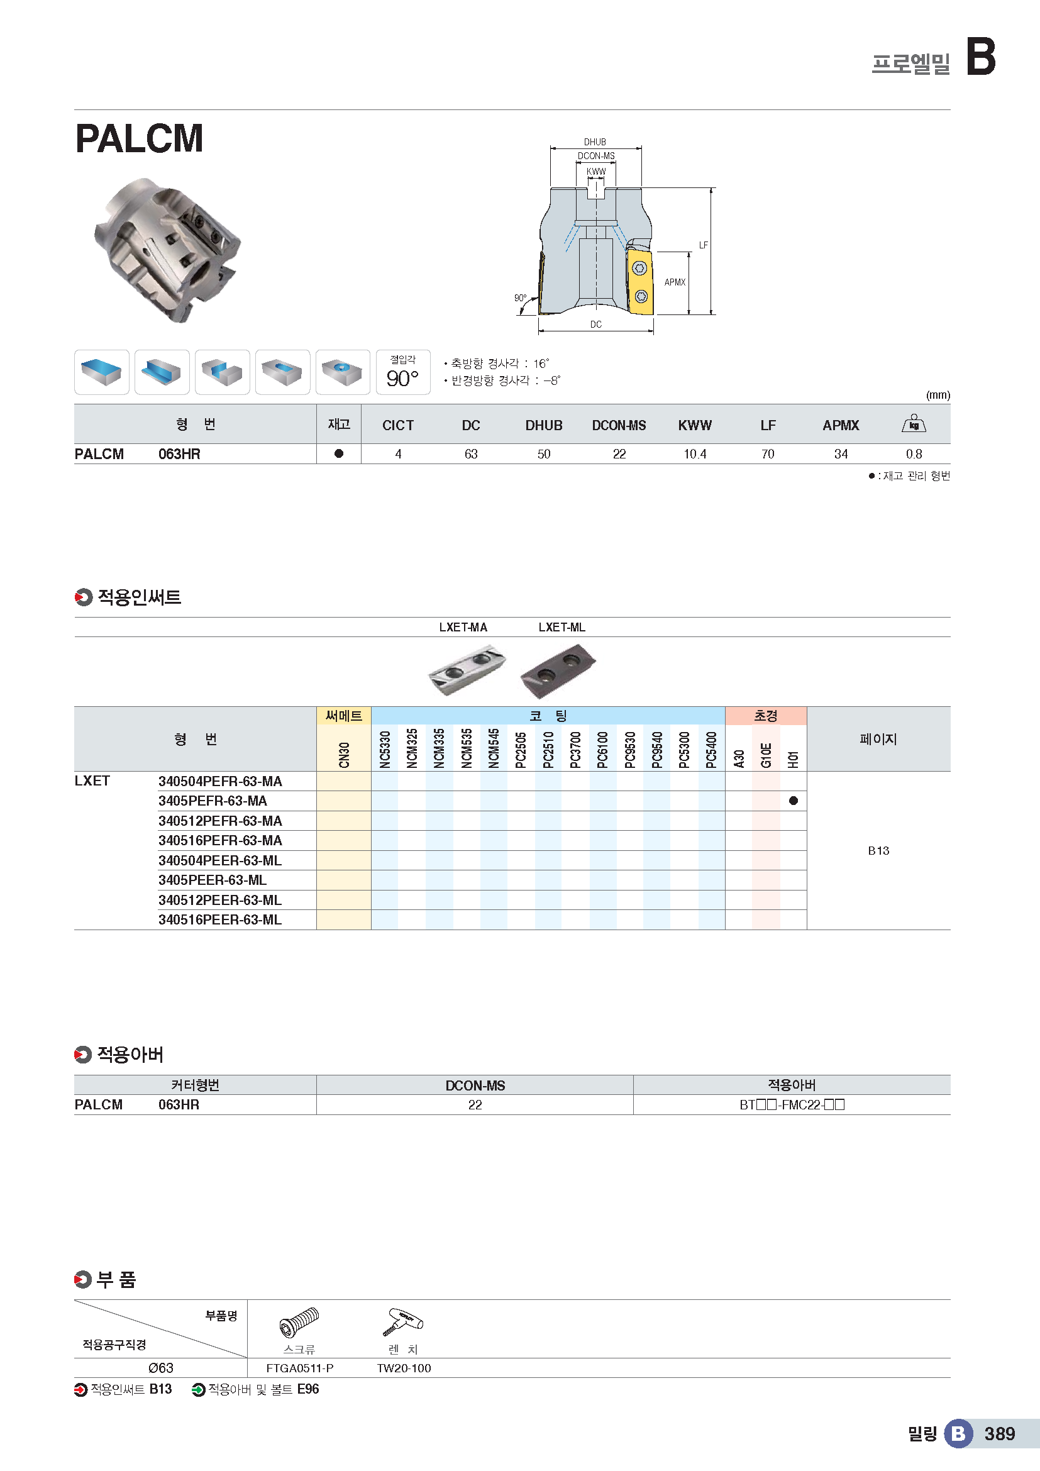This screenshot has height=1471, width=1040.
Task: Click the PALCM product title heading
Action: click(139, 138)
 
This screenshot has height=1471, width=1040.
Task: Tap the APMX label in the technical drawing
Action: click(674, 282)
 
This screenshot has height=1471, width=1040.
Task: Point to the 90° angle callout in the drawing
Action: click(520, 298)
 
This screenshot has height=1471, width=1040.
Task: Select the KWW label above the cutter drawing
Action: click(595, 172)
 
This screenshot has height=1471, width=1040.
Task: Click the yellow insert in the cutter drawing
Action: click(639, 282)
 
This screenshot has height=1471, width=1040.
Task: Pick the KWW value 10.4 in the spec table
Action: click(694, 454)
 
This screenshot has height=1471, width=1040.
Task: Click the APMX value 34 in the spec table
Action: click(840, 454)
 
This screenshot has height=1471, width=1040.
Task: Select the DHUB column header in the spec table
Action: click(544, 425)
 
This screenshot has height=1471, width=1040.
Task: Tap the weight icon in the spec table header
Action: click(913, 423)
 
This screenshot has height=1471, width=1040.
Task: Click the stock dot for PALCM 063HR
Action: click(339, 453)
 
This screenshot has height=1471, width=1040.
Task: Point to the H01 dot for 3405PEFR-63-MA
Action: click(793, 801)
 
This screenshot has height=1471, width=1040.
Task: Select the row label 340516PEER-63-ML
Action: click(219, 919)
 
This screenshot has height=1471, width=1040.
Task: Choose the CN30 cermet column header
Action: click(344, 754)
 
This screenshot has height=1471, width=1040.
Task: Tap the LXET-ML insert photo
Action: click(558, 670)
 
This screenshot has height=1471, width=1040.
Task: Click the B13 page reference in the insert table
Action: click(878, 851)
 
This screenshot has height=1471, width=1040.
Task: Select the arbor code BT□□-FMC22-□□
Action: click(792, 1104)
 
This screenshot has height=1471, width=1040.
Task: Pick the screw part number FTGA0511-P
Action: click(300, 1368)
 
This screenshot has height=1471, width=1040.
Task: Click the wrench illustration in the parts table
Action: click(404, 1323)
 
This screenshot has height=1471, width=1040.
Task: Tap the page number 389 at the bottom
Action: click(999, 1434)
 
